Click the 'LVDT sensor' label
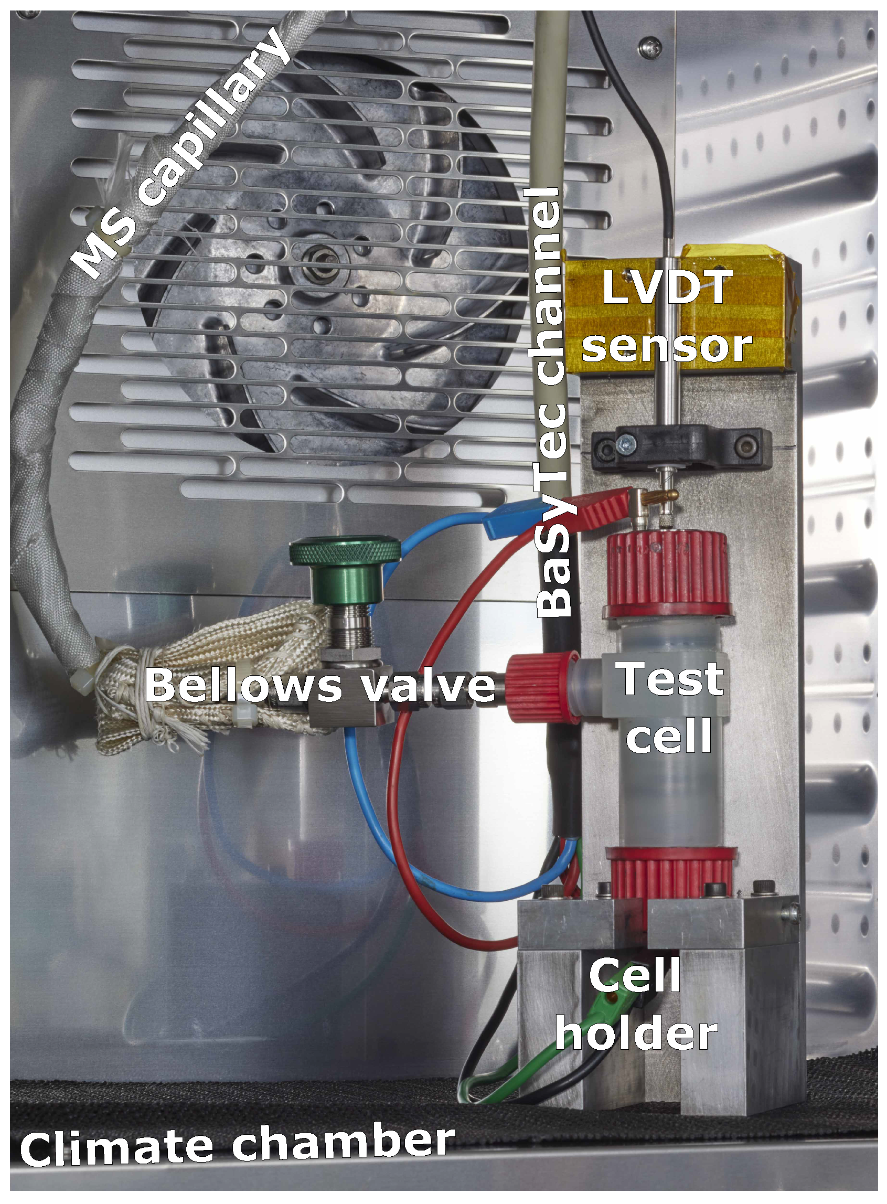666,316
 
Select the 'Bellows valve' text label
320,686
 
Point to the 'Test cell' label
671,707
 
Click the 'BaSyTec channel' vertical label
549,402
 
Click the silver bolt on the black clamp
626,444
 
